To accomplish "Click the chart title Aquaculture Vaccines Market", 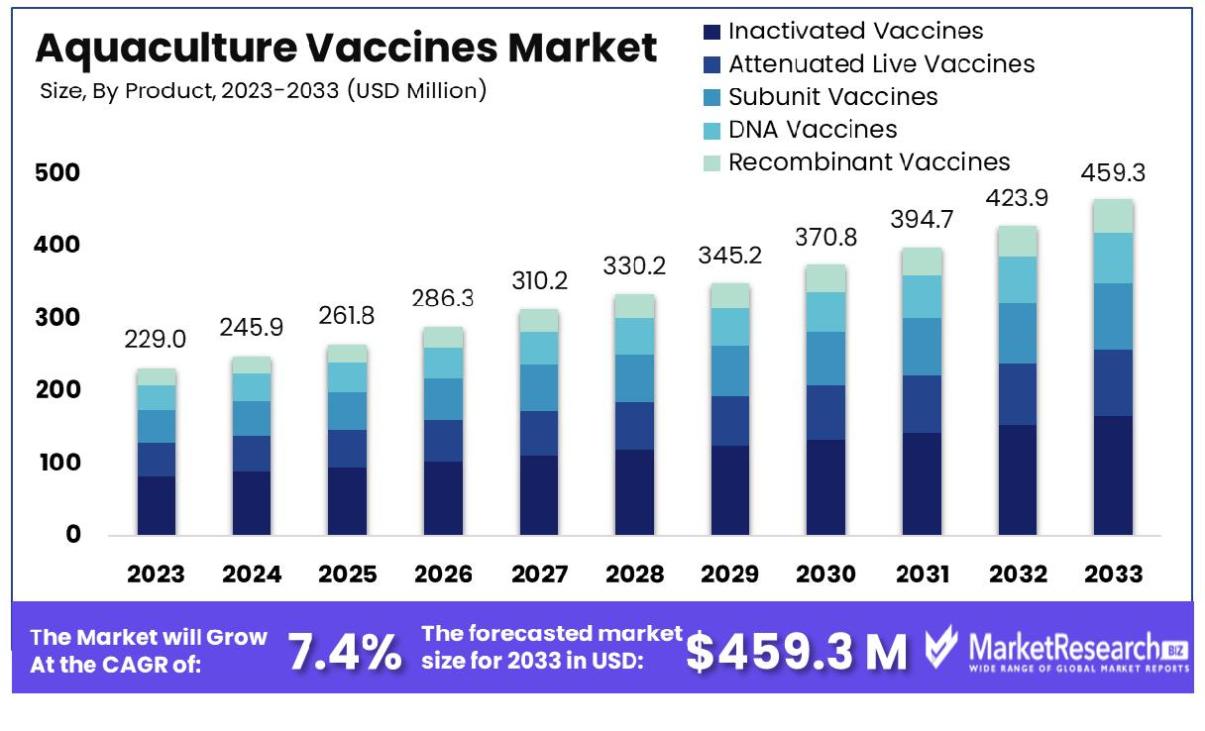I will pos(346,48).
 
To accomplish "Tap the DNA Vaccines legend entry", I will pos(812,129).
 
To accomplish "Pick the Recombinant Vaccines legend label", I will pos(869,161).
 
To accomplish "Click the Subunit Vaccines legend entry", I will pos(832,96).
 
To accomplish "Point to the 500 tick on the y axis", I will pos(61,173).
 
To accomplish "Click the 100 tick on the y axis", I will pos(61,463).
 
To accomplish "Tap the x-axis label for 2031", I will pos(922,574).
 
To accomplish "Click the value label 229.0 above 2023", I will pos(156,341).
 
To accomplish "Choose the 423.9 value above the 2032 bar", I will pos(1017,196).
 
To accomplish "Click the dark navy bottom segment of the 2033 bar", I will pos(1113,475).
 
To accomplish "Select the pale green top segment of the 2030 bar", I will pos(824,278).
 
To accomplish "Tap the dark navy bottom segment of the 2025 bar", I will pos(347,501).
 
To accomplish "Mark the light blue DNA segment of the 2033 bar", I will pos(1113,259).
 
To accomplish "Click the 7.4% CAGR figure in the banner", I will pos(345,651).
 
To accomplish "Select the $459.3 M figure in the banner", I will pos(796,651).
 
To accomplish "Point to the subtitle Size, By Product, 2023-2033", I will pos(264,92).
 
